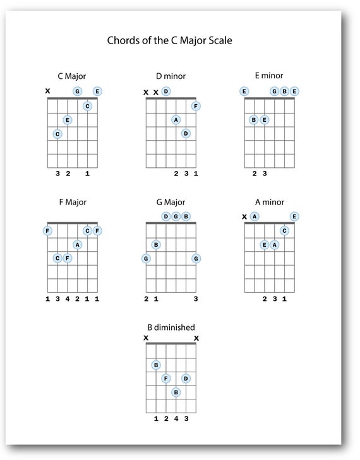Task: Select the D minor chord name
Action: click(171, 76)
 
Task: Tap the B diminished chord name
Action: click(171, 327)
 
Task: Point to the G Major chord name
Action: click(171, 203)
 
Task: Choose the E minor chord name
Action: click(270, 75)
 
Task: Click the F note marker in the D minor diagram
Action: click(196, 106)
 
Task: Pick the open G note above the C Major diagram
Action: click(77, 91)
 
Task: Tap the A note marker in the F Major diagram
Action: click(77, 245)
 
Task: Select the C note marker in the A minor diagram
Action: click(284, 231)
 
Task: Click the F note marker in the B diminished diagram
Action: click(166, 379)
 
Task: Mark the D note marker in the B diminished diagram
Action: click(186, 379)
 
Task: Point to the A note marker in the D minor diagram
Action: click(176, 120)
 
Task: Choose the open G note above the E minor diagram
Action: click(274, 91)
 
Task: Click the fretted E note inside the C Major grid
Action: click(68, 120)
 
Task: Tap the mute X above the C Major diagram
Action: click(47, 91)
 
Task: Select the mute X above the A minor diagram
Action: click(244, 217)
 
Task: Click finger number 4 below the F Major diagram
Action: click(68, 298)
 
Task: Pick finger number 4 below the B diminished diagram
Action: click(176, 418)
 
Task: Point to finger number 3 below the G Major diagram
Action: click(196, 298)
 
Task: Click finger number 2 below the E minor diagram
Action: click(255, 173)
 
